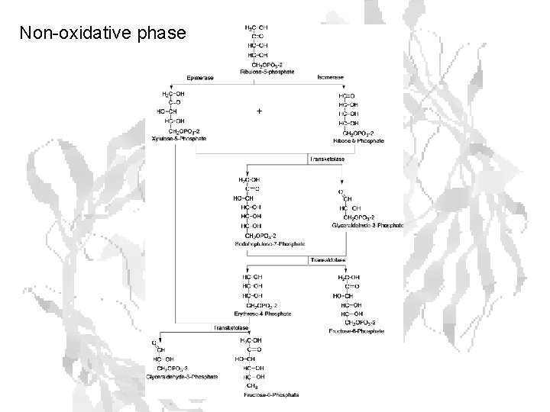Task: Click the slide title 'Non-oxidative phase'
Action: [102, 34]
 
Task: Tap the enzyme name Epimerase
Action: [201, 78]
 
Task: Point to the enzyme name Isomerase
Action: [330, 78]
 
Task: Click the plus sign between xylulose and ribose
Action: [260, 111]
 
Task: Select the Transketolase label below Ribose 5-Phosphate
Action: [327, 159]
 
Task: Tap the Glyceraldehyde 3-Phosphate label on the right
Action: [368, 226]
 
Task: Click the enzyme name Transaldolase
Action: [328, 260]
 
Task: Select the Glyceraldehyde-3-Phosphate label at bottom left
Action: [185, 377]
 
